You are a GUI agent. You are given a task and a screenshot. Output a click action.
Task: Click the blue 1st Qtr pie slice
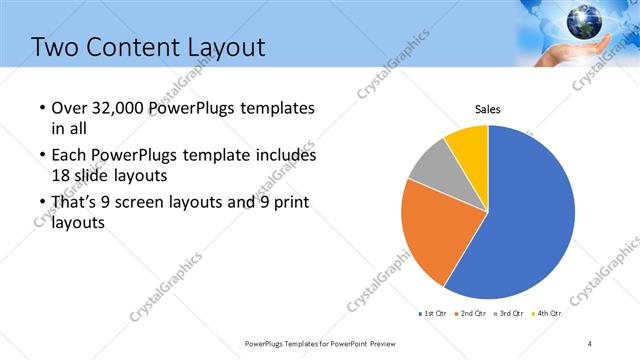pyautogui.click(x=530, y=220)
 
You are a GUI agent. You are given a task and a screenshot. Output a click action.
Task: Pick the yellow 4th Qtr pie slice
pyautogui.click(x=468, y=145)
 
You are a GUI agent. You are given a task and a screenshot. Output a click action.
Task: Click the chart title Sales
pyautogui.click(x=487, y=109)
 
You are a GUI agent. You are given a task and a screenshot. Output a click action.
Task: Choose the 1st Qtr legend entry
pyautogui.click(x=432, y=314)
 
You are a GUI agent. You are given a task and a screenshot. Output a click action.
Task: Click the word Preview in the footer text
pyautogui.click(x=394, y=343)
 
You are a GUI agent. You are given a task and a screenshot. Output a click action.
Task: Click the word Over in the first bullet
pyautogui.click(x=67, y=108)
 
